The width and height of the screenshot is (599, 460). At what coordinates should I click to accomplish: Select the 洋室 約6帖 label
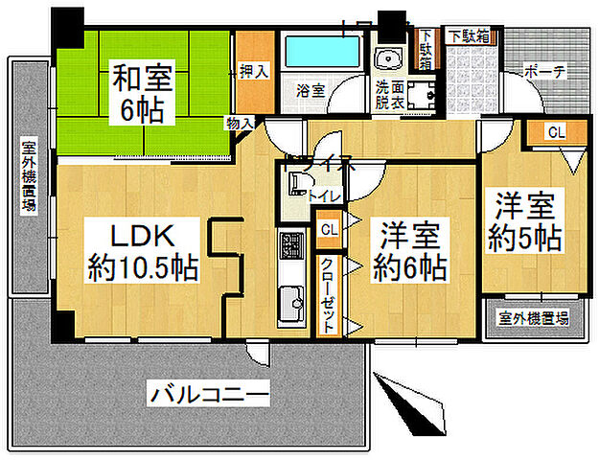coord(411,252)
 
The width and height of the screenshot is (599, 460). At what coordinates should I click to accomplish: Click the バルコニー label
coord(208,393)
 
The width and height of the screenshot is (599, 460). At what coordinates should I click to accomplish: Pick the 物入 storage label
coord(240,123)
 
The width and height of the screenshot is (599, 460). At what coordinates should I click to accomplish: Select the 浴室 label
coord(310,91)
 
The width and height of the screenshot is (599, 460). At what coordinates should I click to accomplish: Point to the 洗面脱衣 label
coord(390,93)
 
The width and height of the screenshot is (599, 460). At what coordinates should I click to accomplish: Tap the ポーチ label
coord(545,73)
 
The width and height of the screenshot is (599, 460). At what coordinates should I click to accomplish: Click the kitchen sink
coord(289,306)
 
